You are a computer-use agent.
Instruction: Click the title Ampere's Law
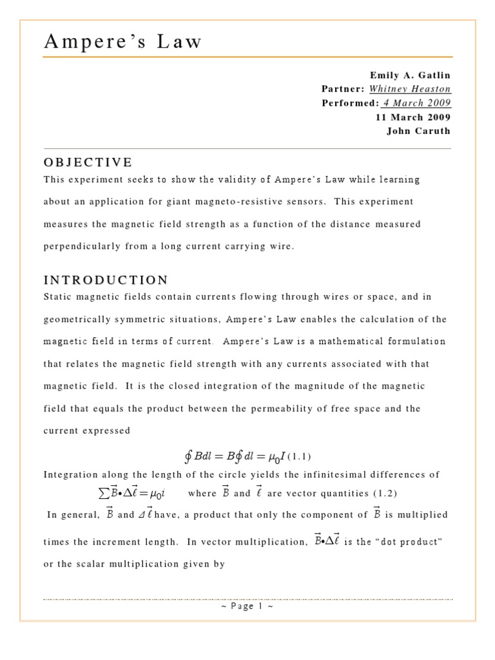(122, 42)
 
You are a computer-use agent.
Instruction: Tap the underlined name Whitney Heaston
(410, 89)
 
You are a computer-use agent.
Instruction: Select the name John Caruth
(419, 131)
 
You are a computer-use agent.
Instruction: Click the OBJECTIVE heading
(88, 162)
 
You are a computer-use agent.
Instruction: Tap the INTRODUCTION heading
(106, 280)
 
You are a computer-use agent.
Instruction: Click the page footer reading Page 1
(247, 607)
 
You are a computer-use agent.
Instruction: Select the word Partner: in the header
(344, 89)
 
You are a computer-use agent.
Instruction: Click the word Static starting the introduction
(59, 297)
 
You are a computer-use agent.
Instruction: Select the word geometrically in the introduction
(81, 320)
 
